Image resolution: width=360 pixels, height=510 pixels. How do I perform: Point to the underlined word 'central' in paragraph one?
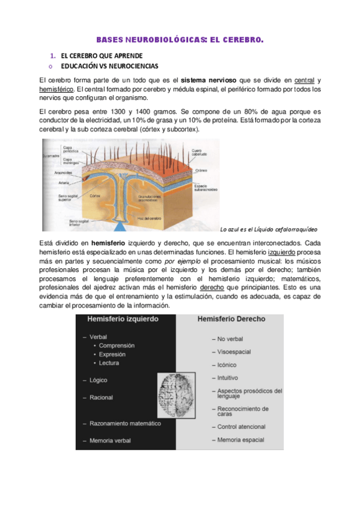305,80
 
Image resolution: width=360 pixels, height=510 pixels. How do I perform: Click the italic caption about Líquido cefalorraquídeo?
269,229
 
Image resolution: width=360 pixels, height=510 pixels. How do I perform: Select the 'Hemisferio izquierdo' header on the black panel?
124,320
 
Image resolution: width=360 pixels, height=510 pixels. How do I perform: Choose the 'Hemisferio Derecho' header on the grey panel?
231,320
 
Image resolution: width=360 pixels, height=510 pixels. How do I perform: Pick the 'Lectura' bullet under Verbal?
109,363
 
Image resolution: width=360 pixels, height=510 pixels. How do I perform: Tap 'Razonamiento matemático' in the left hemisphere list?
126,423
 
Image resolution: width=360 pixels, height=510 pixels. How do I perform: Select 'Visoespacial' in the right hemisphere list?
234,352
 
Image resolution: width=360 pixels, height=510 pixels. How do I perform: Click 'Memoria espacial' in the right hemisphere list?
241,440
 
